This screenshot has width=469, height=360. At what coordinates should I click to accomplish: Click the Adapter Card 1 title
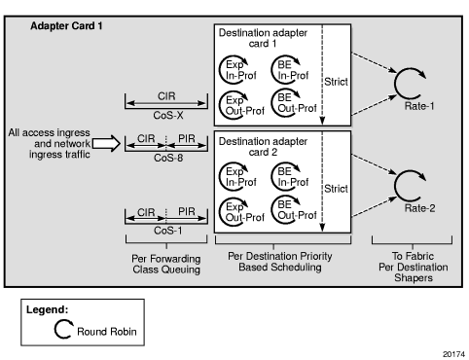point(66,26)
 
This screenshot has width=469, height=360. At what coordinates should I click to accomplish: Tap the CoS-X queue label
point(168,115)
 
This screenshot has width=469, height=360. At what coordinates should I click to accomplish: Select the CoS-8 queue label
point(168,158)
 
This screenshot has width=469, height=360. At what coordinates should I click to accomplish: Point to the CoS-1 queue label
point(168,231)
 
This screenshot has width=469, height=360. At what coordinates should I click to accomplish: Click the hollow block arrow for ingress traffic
point(106,143)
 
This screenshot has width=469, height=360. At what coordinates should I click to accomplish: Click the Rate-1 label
point(419,106)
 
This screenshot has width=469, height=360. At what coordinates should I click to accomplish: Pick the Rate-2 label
point(419,208)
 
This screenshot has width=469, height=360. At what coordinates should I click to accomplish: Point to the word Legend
point(48,309)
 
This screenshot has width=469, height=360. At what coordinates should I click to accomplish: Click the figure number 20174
point(454,354)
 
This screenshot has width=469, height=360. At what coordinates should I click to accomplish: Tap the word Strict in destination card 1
point(336,82)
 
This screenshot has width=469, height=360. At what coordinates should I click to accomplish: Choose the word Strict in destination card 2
point(336,189)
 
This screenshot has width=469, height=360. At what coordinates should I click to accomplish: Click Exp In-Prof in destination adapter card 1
point(241,70)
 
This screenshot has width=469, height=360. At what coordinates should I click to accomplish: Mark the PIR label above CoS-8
point(187,138)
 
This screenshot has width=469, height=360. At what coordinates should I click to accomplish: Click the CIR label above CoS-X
point(166,96)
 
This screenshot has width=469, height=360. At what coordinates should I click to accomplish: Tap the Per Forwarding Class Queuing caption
point(166,264)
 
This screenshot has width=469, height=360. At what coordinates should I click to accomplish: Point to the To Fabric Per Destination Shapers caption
point(414,267)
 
